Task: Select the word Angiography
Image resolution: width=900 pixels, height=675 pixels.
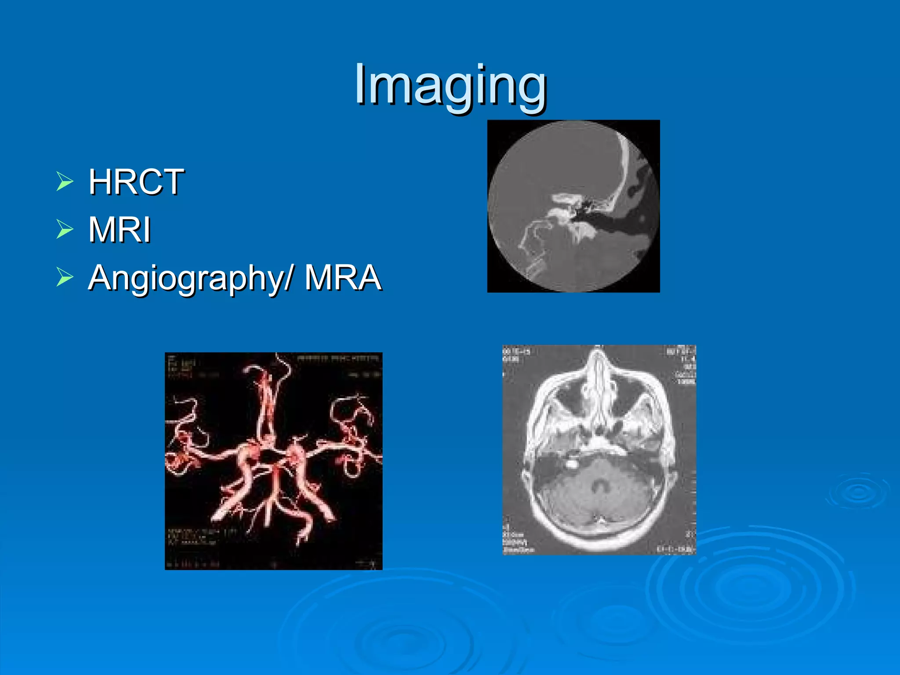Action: pos(187,278)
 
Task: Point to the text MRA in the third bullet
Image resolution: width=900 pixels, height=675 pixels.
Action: pos(343,278)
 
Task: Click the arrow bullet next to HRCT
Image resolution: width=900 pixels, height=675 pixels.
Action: pos(65,182)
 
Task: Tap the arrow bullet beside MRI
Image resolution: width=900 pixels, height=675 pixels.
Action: pos(65,229)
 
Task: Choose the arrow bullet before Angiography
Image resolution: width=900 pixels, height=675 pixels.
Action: pos(65,278)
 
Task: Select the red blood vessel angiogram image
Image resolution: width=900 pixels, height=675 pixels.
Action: pos(273,461)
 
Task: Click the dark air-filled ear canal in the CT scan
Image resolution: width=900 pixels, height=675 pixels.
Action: pos(615,224)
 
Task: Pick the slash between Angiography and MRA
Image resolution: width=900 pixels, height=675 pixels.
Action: pos(289,278)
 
